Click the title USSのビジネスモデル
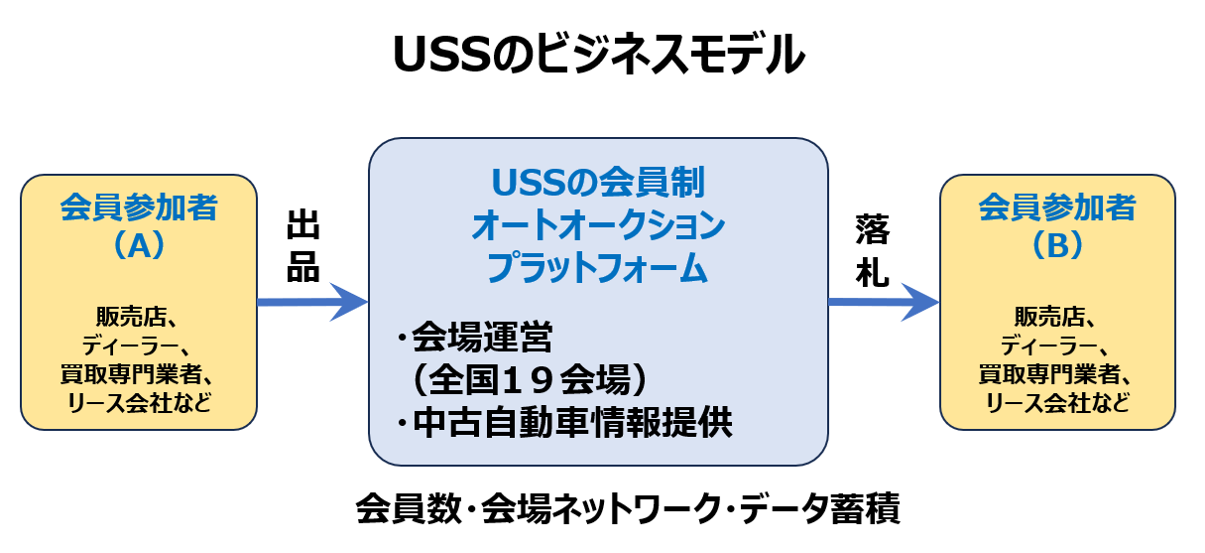click(x=599, y=56)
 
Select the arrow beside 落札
click(x=883, y=302)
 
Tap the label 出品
click(x=302, y=247)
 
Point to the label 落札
click(x=872, y=251)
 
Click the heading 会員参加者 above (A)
click(x=139, y=206)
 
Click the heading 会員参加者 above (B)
click(x=1056, y=206)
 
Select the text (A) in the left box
click(x=139, y=244)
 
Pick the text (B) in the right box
click(x=1056, y=244)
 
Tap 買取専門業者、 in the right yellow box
click(x=1056, y=374)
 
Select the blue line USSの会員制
click(x=598, y=182)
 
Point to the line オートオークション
click(x=598, y=225)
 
